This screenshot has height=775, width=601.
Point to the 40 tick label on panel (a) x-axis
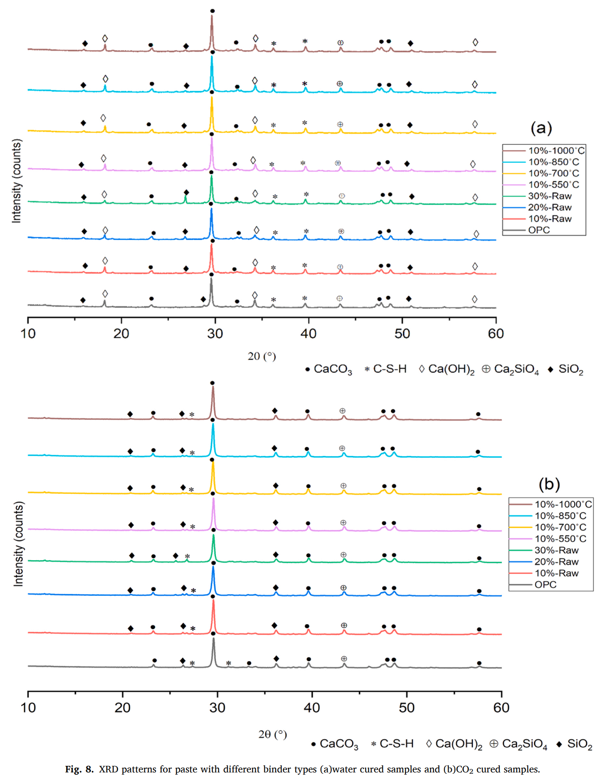click(309, 334)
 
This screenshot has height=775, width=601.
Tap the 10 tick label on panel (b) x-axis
click(28, 707)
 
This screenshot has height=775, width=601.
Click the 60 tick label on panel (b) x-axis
click(501, 707)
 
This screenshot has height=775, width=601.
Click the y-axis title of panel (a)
click(16, 181)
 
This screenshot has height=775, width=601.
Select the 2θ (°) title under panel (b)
click(273, 734)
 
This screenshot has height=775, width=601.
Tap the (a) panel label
click(541, 128)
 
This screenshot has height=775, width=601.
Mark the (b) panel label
click(549, 484)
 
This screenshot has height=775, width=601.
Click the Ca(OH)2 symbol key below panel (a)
click(447, 369)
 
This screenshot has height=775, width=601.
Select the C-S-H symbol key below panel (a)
click(386, 369)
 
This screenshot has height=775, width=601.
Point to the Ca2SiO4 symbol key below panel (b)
click(518, 744)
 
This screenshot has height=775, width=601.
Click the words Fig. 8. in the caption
click(79, 769)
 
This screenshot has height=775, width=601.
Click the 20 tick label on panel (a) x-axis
click(122, 334)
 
